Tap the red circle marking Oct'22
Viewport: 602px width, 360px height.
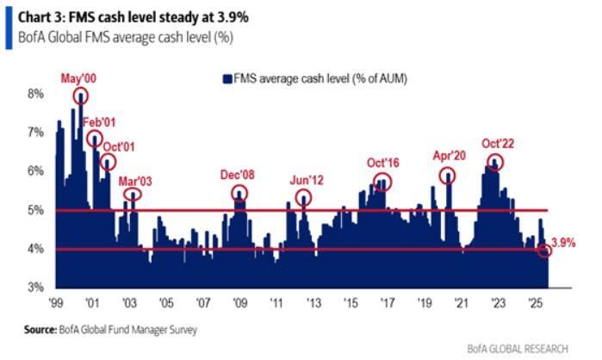point(494,161)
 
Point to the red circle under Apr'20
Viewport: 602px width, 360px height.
point(448,176)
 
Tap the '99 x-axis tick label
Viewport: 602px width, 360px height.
point(58,304)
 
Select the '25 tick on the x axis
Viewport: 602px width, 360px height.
point(535,304)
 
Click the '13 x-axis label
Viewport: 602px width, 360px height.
point(314,304)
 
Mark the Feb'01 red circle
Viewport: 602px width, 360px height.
point(94,139)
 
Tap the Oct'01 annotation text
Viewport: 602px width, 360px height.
point(119,143)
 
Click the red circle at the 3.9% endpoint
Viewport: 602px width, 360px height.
point(544,251)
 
